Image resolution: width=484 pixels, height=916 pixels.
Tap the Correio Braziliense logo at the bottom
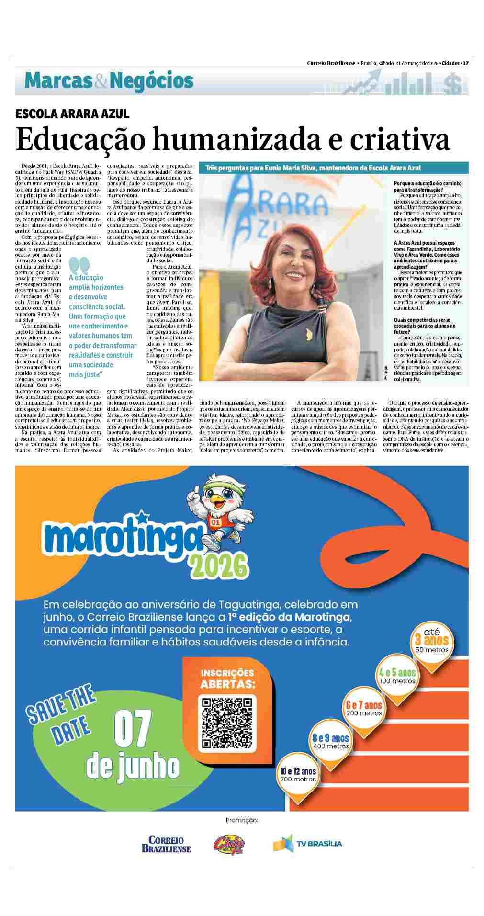166,844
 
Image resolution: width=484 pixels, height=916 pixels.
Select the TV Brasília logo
307,843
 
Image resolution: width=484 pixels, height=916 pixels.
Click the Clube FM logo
229,843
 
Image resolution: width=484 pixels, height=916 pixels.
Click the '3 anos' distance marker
432,641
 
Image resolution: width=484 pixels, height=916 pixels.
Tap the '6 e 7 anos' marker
364,707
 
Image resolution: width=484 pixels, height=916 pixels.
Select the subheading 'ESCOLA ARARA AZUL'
72,114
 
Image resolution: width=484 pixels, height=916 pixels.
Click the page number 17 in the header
465,63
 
